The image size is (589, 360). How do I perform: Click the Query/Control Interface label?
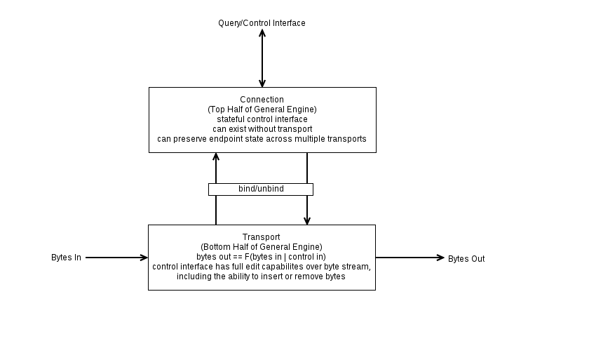(x=262, y=23)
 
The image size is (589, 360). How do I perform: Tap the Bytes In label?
(x=66, y=258)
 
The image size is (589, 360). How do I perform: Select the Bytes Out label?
(x=466, y=259)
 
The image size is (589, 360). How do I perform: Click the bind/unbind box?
(x=261, y=189)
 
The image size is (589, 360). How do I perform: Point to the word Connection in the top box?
(x=262, y=100)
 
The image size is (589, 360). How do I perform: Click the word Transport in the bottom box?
(x=261, y=237)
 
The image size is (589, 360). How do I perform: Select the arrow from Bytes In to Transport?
(x=116, y=258)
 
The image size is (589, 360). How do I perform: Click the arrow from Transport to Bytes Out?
(x=410, y=258)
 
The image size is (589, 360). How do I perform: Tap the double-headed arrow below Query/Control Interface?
(x=262, y=58)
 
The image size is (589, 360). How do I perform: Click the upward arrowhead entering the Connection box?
(x=216, y=156)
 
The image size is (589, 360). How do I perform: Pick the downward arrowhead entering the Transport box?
(x=307, y=221)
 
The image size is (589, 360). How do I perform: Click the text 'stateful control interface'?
(x=262, y=119)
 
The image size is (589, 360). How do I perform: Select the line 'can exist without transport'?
(x=262, y=129)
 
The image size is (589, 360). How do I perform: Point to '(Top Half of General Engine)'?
(x=262, y=109)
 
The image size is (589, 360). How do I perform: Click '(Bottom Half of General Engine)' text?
(x=262, y=247)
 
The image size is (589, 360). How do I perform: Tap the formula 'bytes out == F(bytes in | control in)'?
(x=261, y=257)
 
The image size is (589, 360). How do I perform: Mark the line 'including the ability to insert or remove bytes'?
(x=261, y=276)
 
